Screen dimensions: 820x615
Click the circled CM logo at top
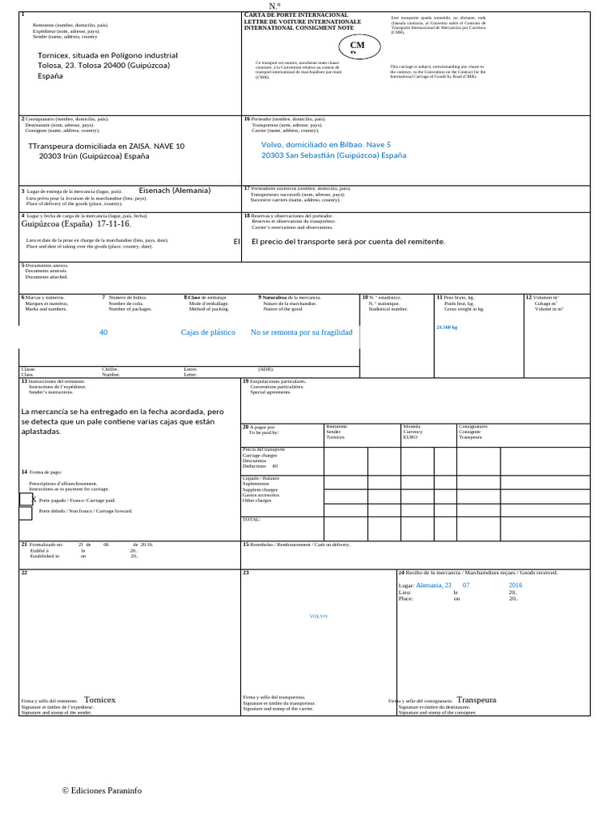point(357,46)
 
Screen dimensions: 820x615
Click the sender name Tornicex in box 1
point(54,56)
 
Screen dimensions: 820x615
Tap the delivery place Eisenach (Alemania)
point(175,191)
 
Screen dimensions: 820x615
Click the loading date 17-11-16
point(114,224)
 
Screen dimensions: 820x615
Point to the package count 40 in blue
point(103,332)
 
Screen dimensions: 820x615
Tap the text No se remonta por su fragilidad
point(301,332)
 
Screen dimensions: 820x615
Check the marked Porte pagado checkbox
point(26,499)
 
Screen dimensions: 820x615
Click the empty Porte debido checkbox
point(26,513)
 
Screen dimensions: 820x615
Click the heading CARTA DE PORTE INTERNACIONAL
point(295,15)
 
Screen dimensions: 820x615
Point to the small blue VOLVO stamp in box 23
point(318,617)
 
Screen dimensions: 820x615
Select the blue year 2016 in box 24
point(515,585)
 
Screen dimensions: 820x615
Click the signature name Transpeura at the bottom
point(476,700)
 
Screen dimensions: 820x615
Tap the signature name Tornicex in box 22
point(100,700)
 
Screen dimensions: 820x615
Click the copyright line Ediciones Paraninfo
point(102,790)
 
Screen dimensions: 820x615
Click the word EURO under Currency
point(410,438)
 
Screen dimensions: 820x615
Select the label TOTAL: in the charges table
point(252,520)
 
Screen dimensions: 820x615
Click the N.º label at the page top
point(275,6)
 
